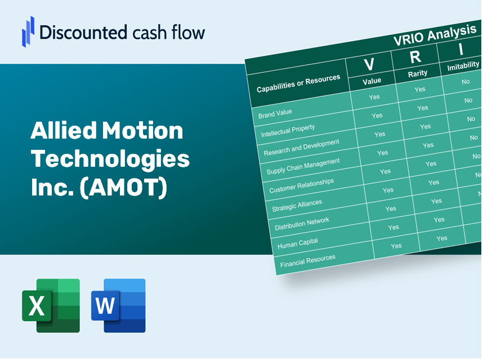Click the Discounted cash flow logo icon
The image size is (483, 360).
(x=28, y=30)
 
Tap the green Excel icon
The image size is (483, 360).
(x=51, y=305)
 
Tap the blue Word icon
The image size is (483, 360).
(x=118, y=305)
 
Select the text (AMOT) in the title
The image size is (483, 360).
(x=123, y=188)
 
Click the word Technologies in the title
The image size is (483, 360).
(x=110, y=159)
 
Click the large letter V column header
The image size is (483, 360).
(x=369, y=65)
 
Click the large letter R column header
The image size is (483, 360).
(x=415, y=57)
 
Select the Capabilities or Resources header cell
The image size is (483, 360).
(x=298, y=83)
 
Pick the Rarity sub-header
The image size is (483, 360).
(x=418, y=73)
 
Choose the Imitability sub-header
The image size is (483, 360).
(x=463, y=67)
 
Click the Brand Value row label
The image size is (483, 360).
(x=275, y=113)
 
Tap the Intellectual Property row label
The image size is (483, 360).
(x=288, y=131)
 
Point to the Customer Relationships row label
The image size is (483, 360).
(x=301, y=186)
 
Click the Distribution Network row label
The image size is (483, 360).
(x=302, y=224)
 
